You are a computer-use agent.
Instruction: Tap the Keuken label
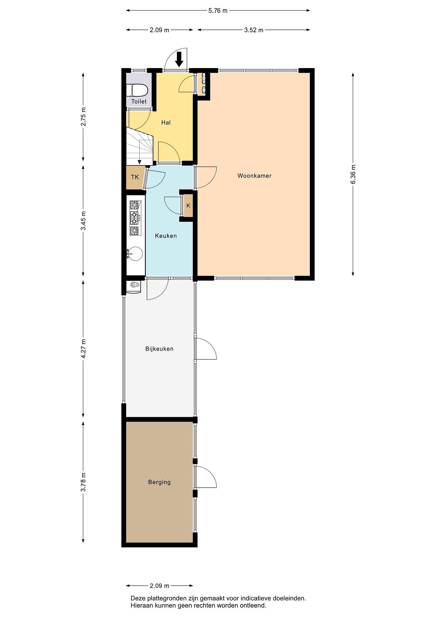(x=166, y=236)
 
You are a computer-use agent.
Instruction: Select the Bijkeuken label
(x=159, y=349)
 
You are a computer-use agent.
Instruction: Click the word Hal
(x=166, y=123)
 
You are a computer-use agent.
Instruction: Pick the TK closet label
(x=135, y=177)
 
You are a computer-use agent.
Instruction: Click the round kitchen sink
(x=135, y=254)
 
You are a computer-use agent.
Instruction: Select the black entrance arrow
(x=179, y=59)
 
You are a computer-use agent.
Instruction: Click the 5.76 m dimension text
(x=218, y=11)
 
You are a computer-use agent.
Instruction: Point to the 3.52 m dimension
(x=254, y=30)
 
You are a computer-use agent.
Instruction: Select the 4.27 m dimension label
(x=83, y=349)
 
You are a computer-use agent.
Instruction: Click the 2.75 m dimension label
(x=83, y=117)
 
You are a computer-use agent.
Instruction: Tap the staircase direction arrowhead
(x=139, y=162)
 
